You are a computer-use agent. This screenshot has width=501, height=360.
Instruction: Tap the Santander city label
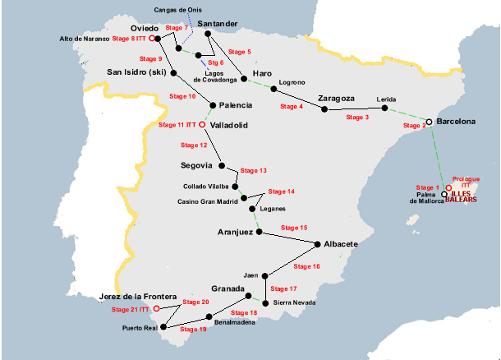click(218, 23)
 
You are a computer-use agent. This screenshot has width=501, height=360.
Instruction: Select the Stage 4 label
click(291, 107)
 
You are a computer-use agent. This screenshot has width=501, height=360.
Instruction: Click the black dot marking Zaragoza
click(321, 108)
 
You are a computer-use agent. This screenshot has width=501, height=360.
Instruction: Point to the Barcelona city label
click(456, 122)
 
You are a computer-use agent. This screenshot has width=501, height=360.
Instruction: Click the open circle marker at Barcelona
click(429, 122)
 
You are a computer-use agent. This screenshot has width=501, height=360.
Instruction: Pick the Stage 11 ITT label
click(178, 125)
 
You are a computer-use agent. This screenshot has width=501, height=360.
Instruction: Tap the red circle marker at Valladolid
click(203, 126)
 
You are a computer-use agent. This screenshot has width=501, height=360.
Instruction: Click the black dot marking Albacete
click(317, 243)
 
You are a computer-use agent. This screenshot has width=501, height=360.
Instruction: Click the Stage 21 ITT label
click(131, 310)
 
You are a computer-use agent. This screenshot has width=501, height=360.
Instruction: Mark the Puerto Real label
click(140, 330)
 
